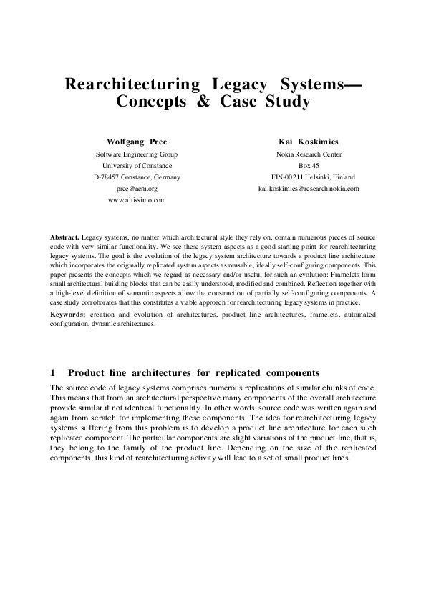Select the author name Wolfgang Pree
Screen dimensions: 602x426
[x=137, y=142]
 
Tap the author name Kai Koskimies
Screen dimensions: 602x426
[x=309, y=142]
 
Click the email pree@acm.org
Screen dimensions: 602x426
[x=137, y=189]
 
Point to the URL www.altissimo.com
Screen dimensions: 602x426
[x=137, y=200]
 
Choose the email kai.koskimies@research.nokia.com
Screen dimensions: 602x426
[x=309, y=189]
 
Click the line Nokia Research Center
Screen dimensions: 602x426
[x=309, y=154]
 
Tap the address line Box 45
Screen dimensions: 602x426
[x=309, y=165]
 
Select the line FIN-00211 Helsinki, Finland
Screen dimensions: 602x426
[x=309, y=177]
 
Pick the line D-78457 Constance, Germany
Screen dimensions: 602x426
[x=137, y=177]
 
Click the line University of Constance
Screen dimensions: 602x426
[x=137, y=165]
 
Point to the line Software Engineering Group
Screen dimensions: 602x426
[x=137, y=154]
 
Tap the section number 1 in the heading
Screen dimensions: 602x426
[x=53, y=372]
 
